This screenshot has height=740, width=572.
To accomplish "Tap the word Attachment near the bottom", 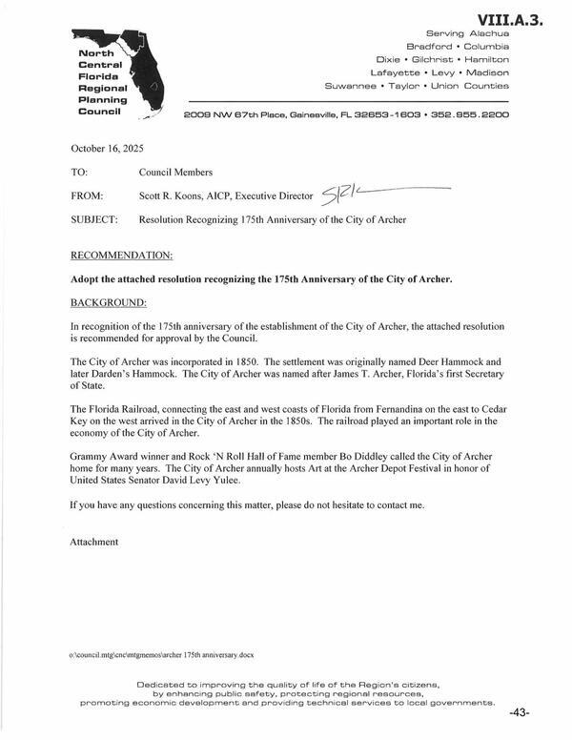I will pyautogui.click(x=94, y=542).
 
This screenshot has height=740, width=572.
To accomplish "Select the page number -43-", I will pyautogui.click(x=520, y=713).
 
